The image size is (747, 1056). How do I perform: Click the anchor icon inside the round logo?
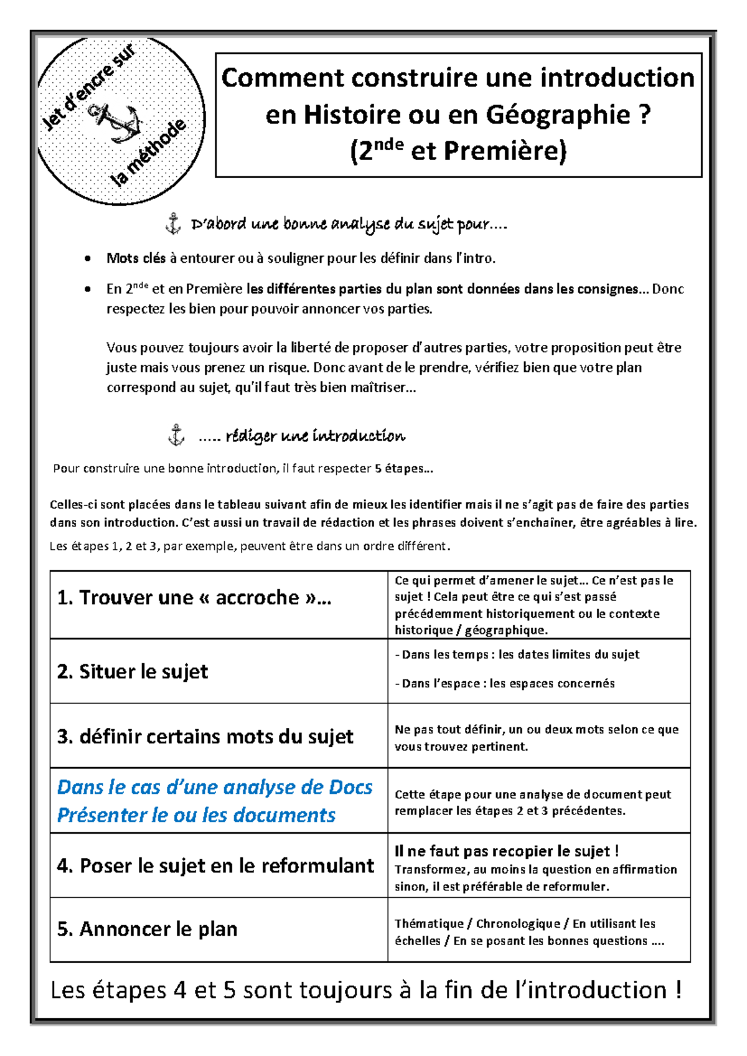click(x=117, y=121)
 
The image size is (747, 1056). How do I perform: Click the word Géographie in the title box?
click(x=557, y=115)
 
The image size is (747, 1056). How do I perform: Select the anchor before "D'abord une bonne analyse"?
click(x=172, y=224)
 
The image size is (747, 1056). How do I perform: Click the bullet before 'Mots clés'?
click(x=88, y=259)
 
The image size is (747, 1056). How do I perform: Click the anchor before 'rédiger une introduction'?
click(x=176, y=435)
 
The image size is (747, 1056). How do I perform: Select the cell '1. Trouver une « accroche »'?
click(x=194, y=598)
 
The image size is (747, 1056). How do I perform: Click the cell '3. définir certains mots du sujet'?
click(x=205, y=737)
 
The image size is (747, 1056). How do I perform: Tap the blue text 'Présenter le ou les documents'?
click(x=196, y=815)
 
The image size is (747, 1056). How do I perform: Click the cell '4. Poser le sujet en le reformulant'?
click(x=215, y=865)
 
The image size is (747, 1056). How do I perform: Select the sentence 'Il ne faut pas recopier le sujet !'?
click(x=506, y=851)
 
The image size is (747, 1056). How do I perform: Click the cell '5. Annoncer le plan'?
click(x=148, y=929)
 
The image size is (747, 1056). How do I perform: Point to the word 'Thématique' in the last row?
click(x=428, y=923)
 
